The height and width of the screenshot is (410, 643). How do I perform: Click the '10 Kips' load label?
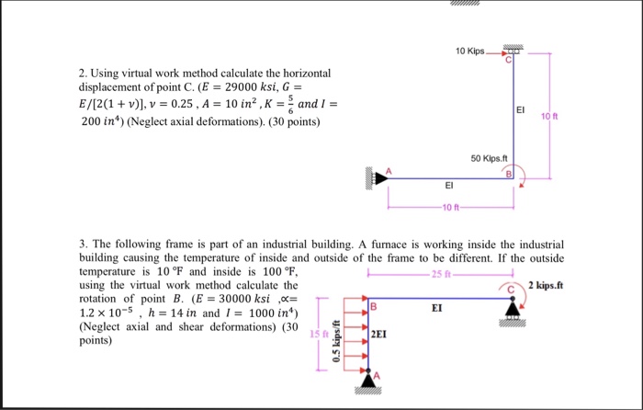[x=469, y=48]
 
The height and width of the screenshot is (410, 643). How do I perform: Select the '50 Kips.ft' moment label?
[x=489, y=158]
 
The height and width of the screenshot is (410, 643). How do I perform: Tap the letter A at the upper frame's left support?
[x=389, y=170]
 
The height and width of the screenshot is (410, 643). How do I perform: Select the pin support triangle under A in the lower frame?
[x=368, y=376]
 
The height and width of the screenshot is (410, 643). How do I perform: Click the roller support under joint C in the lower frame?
[x=513, y=315]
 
